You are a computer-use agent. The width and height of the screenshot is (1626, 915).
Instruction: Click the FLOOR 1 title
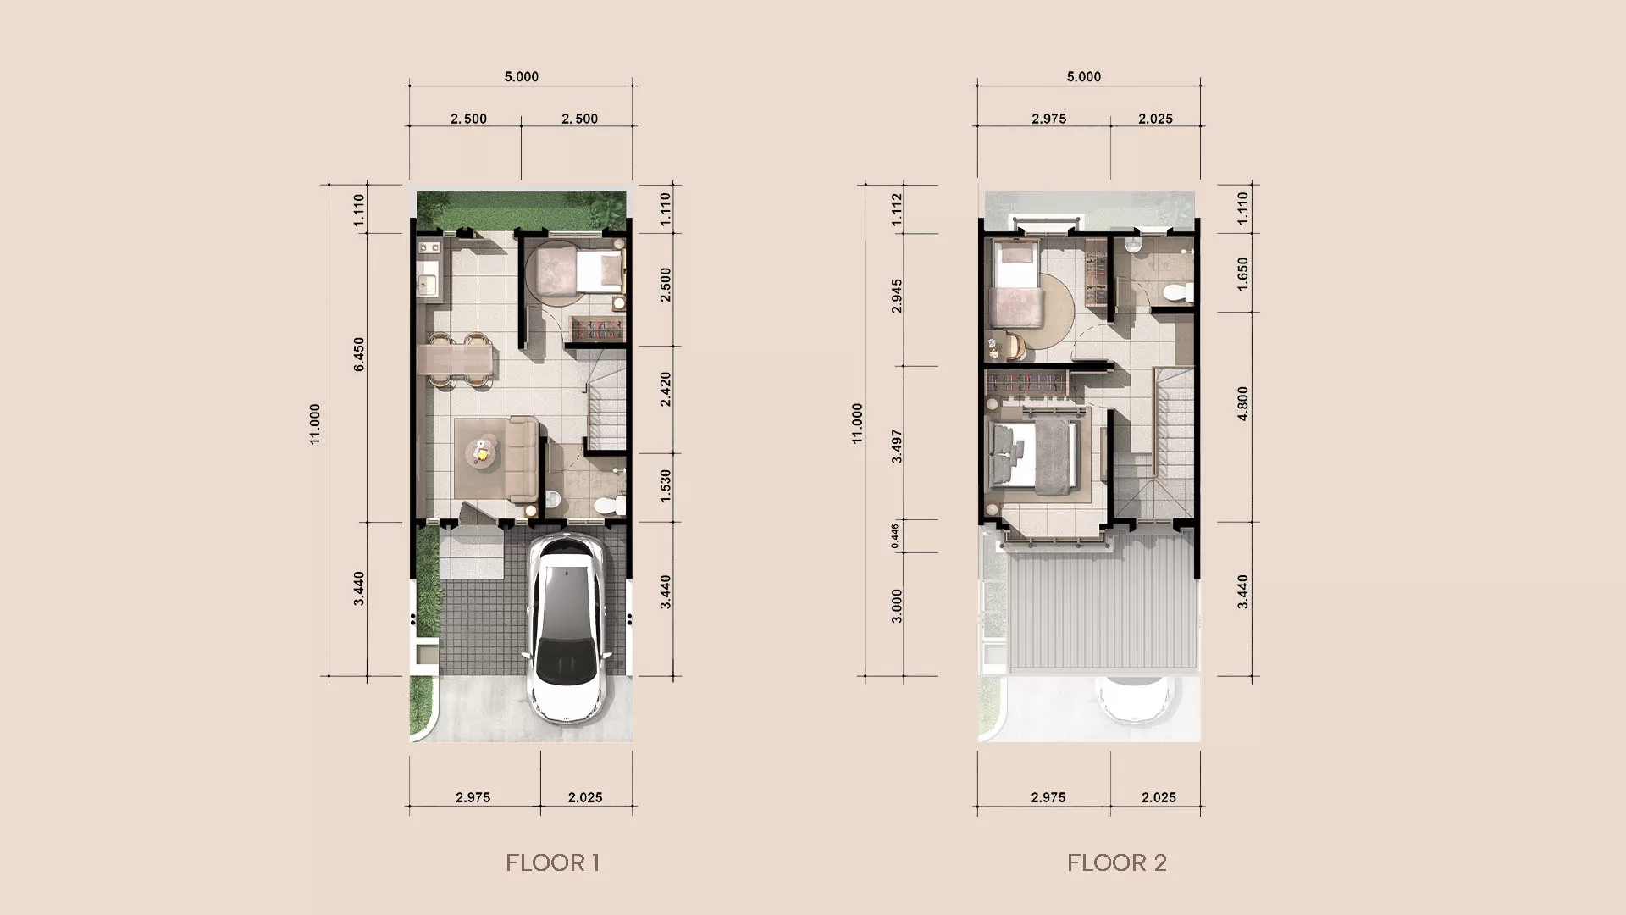552,862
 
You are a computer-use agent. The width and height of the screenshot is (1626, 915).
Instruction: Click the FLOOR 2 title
1116,862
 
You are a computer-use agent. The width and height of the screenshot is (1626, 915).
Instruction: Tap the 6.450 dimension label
358,354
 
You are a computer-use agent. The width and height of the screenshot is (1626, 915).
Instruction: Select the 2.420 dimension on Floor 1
666,389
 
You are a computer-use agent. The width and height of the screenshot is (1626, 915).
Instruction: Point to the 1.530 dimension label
666,486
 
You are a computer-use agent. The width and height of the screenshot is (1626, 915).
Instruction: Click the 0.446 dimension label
895,535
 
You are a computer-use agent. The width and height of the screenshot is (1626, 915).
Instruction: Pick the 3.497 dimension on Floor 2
897,446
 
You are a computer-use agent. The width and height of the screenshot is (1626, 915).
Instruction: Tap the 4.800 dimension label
1242,403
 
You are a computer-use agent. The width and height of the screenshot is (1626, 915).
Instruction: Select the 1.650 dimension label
1242,274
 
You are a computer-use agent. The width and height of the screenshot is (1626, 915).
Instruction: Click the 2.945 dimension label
897,297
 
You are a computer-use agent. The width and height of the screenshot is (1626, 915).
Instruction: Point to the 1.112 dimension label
897,209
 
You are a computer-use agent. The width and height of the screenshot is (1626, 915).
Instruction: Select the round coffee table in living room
482,452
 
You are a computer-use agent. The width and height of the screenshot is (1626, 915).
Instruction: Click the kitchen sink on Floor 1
427,277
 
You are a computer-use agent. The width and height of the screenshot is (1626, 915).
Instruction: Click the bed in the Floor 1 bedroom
599,272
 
